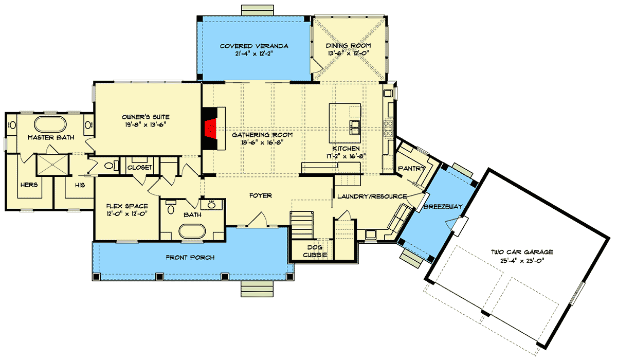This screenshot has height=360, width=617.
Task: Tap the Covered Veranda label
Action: [254, 46]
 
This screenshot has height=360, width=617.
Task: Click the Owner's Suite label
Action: [146, 116]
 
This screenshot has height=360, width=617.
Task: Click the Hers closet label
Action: [28, 184]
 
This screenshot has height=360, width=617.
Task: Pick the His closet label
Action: [79, 184]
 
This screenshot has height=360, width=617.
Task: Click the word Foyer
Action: [261, 195]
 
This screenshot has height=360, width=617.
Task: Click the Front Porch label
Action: [190, 257]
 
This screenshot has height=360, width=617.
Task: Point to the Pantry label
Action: [411, 168]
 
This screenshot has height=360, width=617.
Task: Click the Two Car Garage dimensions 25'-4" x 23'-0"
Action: [521, 260]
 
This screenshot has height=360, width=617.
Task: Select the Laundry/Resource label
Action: [372, 196]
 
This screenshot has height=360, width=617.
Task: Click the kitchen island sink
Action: [355, 127]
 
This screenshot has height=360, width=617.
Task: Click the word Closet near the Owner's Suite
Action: [139, 168]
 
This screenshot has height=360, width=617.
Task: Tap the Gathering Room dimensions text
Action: [262, 143]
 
